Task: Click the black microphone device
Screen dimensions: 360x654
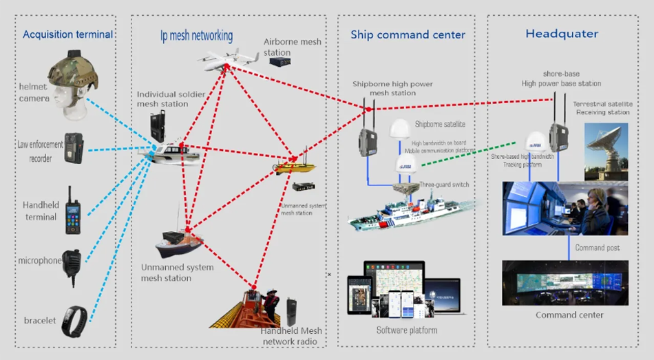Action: (72, 260)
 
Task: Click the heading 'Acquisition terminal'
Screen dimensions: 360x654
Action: (67, 34)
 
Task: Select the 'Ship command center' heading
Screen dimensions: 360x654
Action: (408, 34)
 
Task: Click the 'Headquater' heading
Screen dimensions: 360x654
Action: (562, 34)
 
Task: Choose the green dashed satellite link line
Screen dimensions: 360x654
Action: (468, 155)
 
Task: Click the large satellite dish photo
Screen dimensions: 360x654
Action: (606, 151)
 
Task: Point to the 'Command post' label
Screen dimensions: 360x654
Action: (597, 248)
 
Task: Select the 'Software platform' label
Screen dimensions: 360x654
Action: (407, 330)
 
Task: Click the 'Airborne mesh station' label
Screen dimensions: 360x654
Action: (292, 47)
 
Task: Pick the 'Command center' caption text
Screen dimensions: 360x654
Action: (569, 315)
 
